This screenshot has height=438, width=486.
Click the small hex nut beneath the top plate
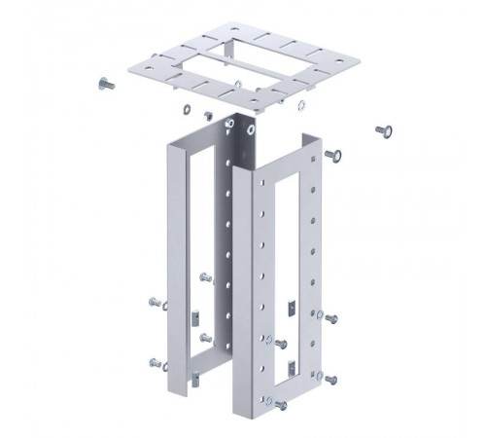point(207,113)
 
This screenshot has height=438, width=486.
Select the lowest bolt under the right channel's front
point(280,403)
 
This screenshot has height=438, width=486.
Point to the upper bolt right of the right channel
point(330,317)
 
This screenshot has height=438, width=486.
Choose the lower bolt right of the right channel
point(330,379)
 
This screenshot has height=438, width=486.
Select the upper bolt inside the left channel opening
point(206,278)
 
